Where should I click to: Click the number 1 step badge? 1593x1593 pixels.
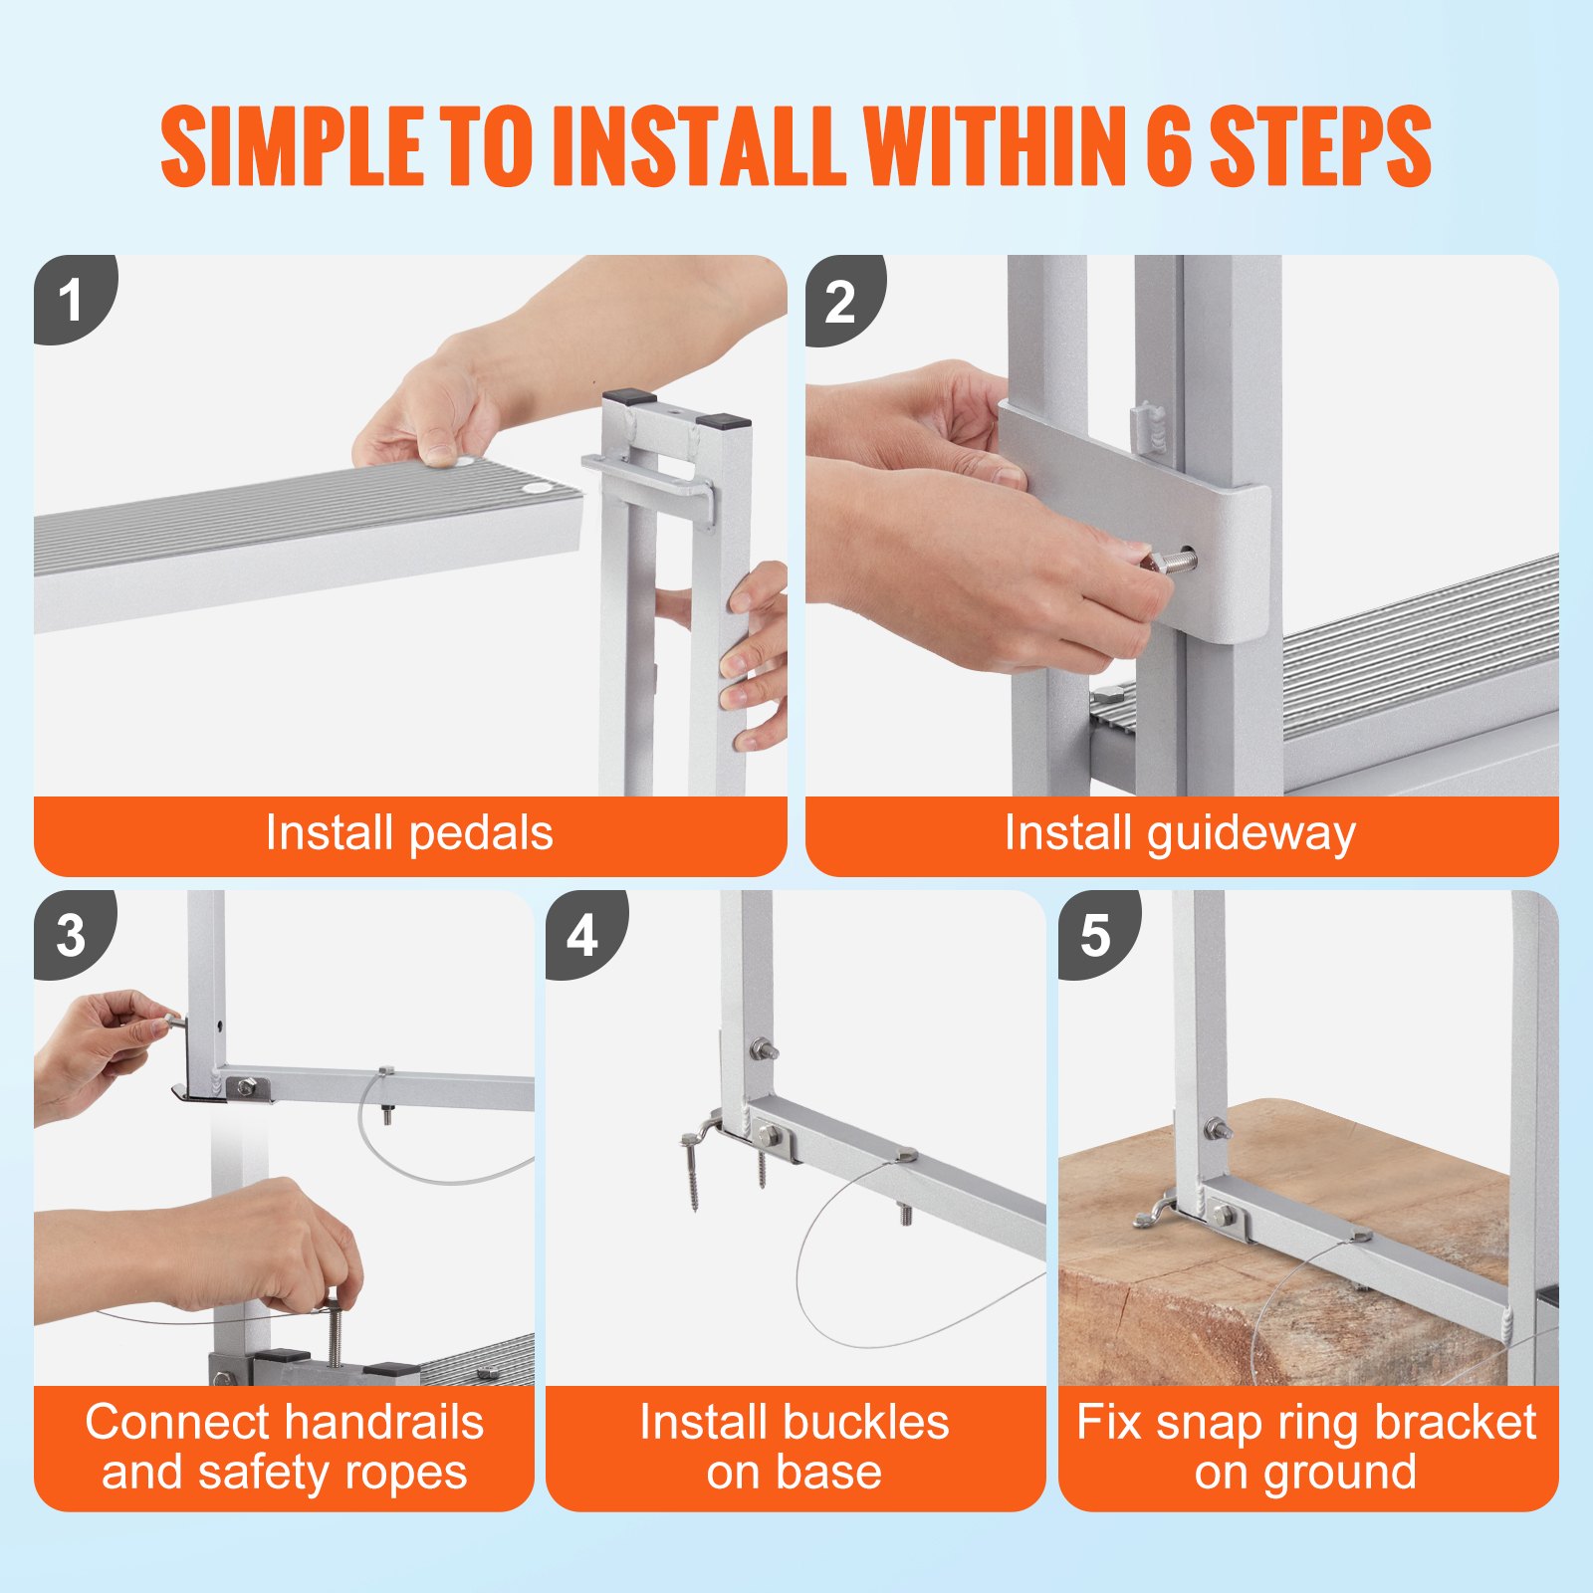[70, 300]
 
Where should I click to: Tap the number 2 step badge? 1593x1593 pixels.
[840, 300]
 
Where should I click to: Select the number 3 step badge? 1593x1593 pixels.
[71, 935]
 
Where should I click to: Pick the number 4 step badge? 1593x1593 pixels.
[583, 935]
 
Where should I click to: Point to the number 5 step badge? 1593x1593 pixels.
[1095, 935]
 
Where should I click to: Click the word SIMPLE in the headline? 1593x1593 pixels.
[290, 146]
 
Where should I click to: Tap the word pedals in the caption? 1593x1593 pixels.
[480, 833]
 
